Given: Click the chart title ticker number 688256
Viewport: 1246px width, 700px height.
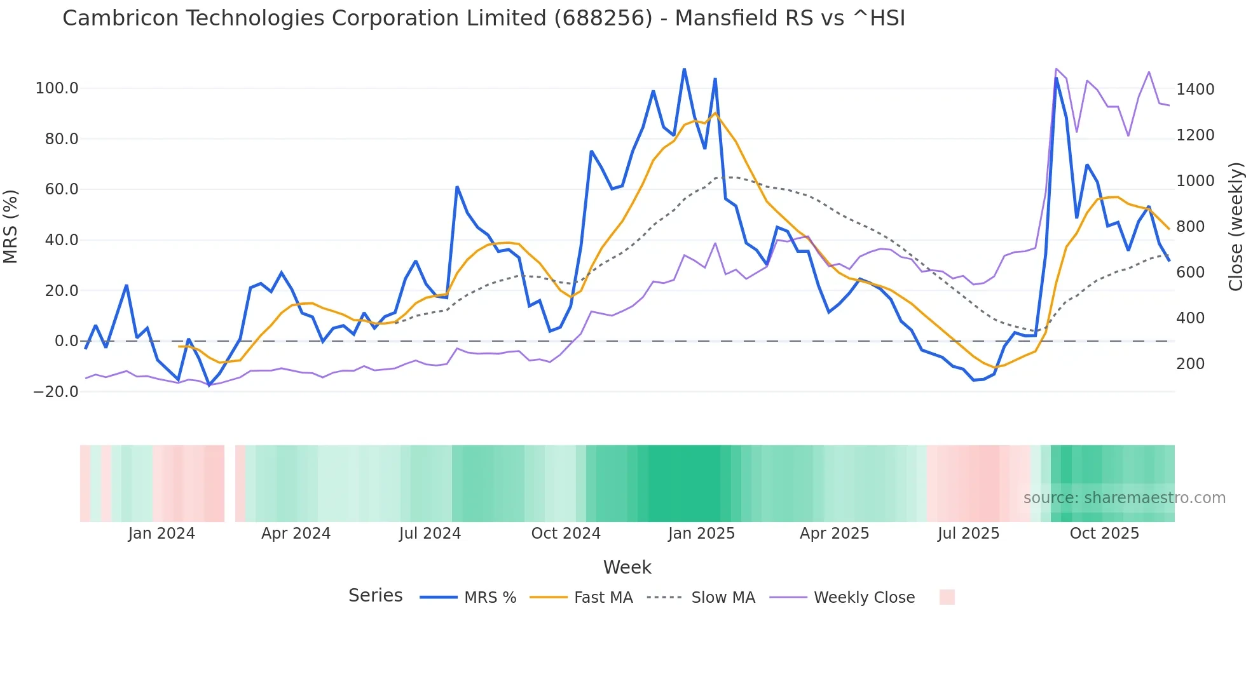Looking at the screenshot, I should coord(603,18).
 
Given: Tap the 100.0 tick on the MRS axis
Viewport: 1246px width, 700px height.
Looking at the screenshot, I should coord(57,88).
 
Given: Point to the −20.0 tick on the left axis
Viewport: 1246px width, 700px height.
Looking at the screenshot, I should coord(56,392).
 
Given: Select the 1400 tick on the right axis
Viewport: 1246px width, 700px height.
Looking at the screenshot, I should coord(1195,90).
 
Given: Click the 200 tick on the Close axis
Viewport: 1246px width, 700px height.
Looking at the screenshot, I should coord(1191,364).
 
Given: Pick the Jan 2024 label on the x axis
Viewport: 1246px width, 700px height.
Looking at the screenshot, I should coord(161,534).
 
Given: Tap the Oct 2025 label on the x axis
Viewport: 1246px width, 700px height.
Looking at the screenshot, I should coord(1104,534).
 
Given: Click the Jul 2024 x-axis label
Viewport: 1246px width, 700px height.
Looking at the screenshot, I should coord(430,534).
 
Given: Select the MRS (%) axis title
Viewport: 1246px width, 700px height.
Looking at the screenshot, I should coord(11,226).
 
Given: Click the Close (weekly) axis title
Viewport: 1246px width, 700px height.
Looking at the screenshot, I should coord(1235,227).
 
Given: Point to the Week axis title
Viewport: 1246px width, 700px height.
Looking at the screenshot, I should coord(627,567).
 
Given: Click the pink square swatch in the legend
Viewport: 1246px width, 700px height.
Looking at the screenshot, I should coord(947,597).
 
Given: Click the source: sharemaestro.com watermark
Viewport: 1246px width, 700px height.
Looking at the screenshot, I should coord(1124,498).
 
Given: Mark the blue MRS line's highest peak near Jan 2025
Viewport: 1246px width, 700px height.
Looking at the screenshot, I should coord(684,69).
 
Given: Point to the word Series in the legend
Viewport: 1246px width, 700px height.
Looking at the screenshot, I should coord(375,596).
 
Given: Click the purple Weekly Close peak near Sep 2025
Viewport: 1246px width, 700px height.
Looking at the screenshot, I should coord(1056,69).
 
